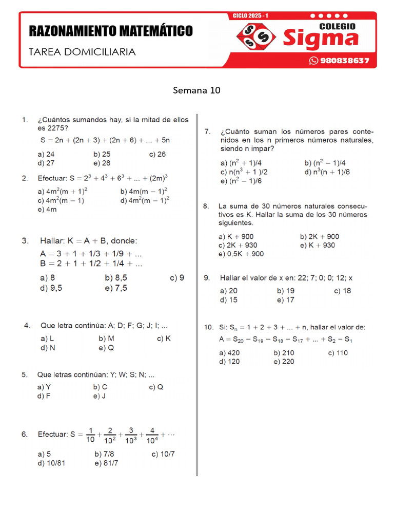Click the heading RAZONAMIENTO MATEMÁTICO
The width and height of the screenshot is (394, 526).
point(111,31)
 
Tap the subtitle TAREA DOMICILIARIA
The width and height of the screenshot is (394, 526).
point(82,52)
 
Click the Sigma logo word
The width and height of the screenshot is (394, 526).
point(321,39)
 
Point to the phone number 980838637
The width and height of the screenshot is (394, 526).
point(344,61)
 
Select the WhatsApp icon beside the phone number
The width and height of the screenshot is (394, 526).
point(313,61)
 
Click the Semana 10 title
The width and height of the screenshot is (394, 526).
point(196,90)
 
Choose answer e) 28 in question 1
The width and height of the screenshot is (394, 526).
point(102,163)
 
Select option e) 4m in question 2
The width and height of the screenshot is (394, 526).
point(47,209)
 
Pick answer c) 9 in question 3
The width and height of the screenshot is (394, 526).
point(177,278)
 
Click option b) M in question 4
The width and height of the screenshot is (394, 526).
point(106,339)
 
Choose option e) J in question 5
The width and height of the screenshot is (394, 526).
point(100,396)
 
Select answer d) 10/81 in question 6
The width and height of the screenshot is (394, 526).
point(51,463)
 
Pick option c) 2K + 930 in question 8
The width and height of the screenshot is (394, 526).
point(239,245)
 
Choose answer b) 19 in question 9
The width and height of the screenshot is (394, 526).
point(286,291)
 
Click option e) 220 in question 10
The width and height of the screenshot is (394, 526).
point(284,362)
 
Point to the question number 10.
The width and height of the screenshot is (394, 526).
point(208,327)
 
